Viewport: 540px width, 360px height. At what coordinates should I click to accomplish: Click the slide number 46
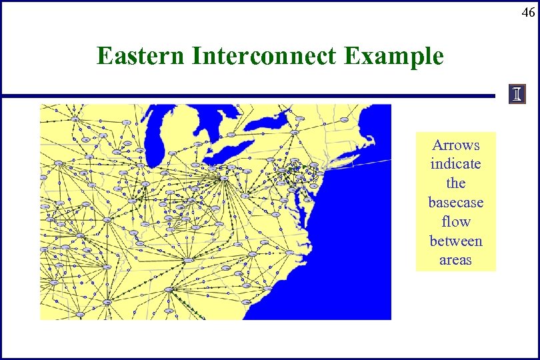coord(527,12)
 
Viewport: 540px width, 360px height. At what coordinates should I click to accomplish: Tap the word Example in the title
coord(393,56)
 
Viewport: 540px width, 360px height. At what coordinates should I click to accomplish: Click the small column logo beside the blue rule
coord(517,95)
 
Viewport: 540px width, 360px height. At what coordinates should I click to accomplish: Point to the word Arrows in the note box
coord(455,145)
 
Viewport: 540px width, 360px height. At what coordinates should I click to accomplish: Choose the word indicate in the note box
coord(455,164)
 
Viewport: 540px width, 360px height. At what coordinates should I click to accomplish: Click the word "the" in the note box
coord(455,183)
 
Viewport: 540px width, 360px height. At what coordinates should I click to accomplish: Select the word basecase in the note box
coord(455,202)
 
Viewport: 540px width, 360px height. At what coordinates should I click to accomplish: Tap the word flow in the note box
coord(455,221)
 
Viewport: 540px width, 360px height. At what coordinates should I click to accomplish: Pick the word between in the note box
coord(455,241)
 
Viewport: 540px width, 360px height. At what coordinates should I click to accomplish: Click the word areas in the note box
coord(455,260)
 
